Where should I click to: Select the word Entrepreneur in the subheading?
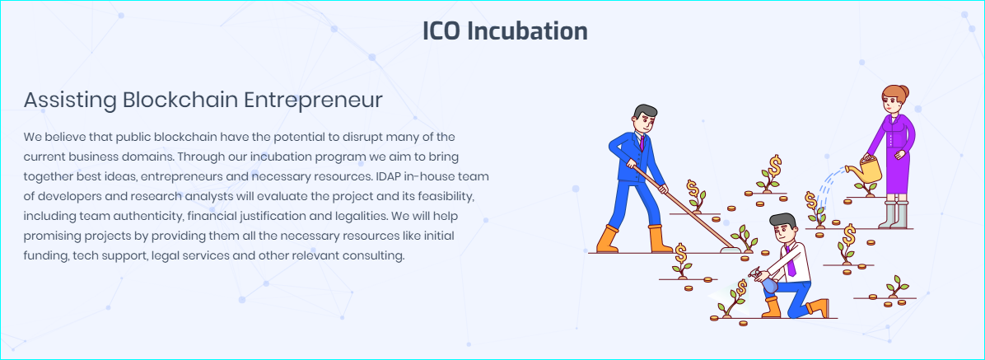313,101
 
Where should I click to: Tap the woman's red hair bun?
904,91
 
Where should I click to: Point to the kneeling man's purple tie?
791,262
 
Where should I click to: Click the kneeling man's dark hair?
782,221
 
